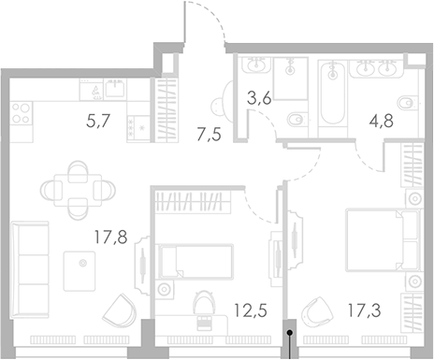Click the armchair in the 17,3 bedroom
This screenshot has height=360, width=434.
click(x=319, y=310)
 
